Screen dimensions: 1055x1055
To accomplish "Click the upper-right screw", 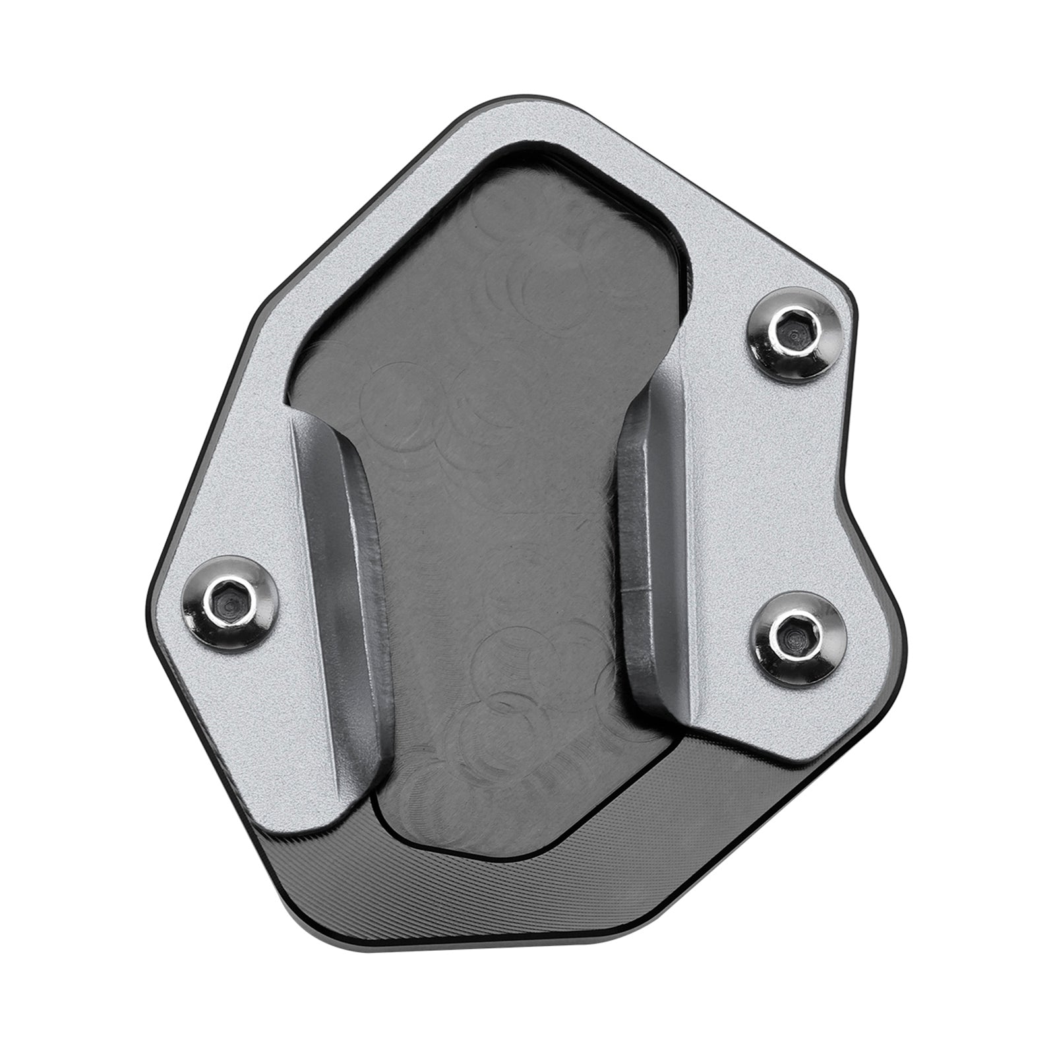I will (x=789, y=335).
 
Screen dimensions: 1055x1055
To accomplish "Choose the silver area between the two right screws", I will (x=791, y=481).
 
